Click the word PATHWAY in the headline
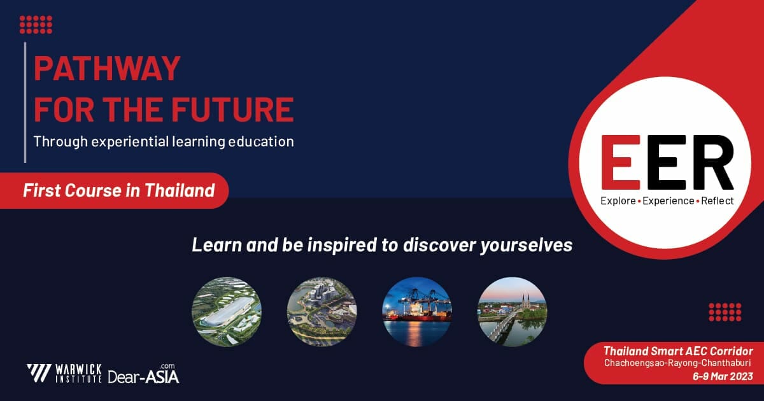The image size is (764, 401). pos(107,68)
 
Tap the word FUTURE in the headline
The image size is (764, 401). pos(232,109)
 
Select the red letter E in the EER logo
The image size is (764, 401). pos(620,162)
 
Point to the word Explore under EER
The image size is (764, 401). pos(618,201)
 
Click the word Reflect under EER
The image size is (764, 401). pos(718,201)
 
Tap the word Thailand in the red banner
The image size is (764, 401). pos(180,190)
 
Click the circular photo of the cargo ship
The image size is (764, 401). pos(417,312)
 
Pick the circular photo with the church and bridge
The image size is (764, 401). pos(513,312)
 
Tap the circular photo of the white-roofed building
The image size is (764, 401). pos(227,312)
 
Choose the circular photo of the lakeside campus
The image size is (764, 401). pos(322,312)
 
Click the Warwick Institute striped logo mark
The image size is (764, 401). pos(39,374)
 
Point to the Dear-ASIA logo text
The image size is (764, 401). pos(144,374)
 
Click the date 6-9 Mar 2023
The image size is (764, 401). pos(723,376)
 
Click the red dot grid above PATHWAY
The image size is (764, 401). pos(36,25)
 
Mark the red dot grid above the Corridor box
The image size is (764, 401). pos(725,312)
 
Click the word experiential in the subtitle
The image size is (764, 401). pos(130,141)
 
